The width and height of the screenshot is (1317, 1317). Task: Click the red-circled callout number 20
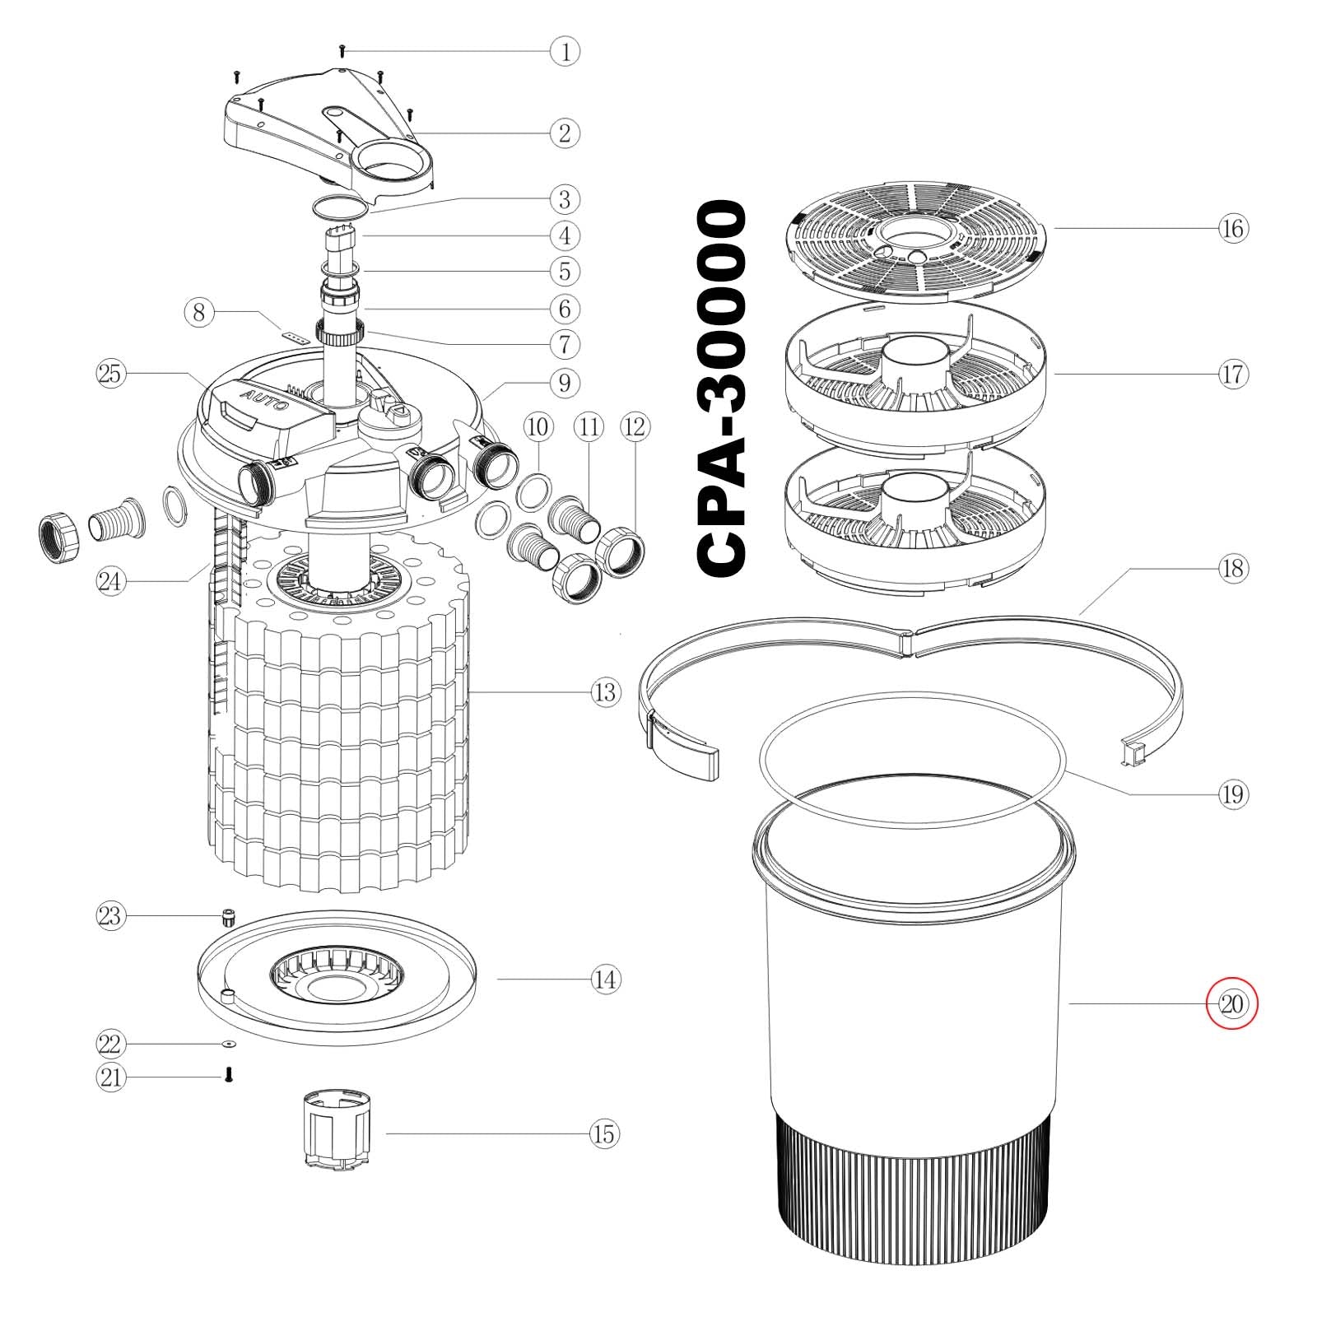click(1232, 1004)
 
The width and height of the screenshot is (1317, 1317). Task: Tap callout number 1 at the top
click(565, 52)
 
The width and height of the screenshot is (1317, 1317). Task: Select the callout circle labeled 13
click(604, 692)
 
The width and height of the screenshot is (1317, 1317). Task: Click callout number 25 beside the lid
click(109, 374)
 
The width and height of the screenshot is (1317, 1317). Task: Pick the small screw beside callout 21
click(229, 1073)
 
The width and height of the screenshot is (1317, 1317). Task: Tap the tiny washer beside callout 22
click(228, 1044)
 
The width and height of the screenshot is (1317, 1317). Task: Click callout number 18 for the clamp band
click(1232, 568)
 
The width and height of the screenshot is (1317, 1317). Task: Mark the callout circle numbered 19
click(1232, 794)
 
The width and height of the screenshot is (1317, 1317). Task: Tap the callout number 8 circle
click(198, 313)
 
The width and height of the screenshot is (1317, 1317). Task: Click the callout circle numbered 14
click(604, 980)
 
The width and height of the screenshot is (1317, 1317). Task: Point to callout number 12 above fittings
click(635, 426)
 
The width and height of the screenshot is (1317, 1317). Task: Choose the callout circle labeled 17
click(1232, 375)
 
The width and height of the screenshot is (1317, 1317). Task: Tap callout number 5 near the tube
click(565, 271)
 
